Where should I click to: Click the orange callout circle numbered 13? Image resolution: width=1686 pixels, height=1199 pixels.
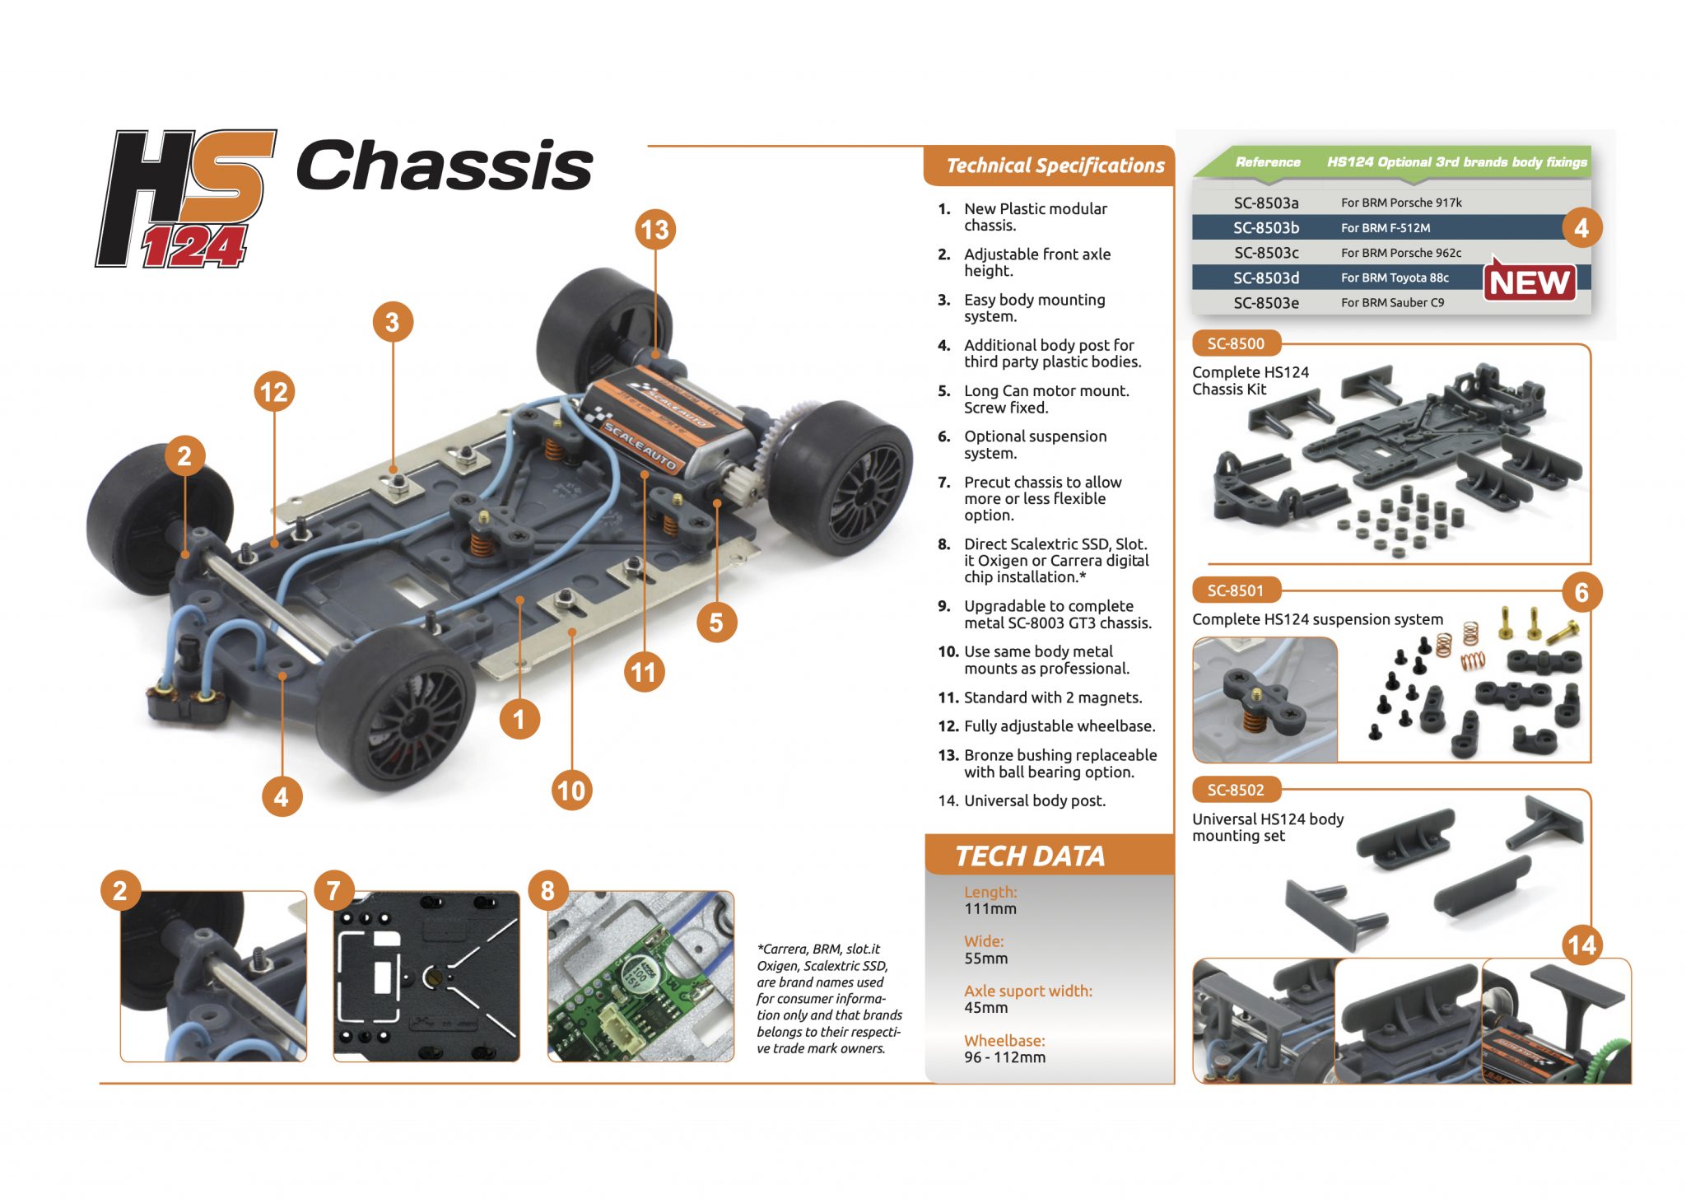655,230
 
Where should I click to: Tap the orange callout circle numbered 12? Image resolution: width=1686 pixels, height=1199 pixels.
274,392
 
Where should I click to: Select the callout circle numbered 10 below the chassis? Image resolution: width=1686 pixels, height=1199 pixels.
571,791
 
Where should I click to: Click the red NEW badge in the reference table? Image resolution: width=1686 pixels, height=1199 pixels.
1530,282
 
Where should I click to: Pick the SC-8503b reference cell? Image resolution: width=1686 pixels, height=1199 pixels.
1265,228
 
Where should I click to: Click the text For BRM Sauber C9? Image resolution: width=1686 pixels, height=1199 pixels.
1391,303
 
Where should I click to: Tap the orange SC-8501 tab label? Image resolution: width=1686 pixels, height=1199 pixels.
1235,590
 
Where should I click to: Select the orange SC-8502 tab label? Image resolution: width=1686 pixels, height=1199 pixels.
1235,790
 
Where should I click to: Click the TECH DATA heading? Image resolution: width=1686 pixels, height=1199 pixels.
1029,856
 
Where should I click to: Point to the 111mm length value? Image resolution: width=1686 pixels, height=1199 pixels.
990,909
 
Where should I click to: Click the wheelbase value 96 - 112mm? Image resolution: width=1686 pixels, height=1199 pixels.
1004,1057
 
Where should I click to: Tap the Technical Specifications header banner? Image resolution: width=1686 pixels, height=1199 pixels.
1055,166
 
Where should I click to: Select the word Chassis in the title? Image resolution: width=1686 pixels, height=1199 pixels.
445,166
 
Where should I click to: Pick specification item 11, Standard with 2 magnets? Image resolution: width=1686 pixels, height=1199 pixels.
1052,697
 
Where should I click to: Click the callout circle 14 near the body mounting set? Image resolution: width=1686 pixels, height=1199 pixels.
1581,945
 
